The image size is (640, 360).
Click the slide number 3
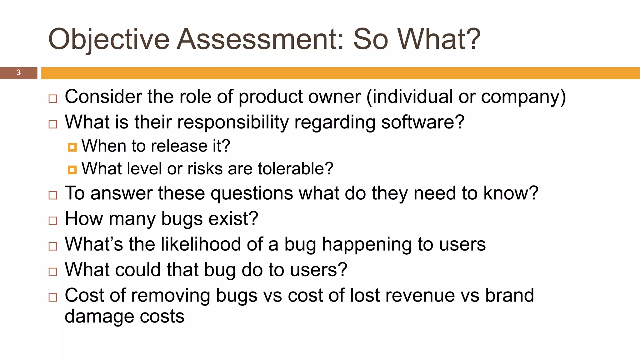[18, 72]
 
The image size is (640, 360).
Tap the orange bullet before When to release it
[72, 147]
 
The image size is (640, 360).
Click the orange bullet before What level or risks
[72, 170]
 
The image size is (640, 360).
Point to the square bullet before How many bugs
[53, 221]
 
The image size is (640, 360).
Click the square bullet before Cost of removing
[53, 297]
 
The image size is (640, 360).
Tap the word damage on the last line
[99, 317]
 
